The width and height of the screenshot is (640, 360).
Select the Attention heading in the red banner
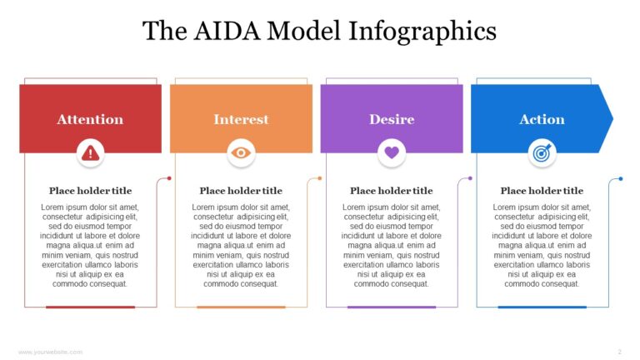(90, 119)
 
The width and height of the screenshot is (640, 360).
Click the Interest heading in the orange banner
(241, 119)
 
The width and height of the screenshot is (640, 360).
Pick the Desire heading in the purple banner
(392, 119)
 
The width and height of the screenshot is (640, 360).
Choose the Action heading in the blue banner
(542, 119)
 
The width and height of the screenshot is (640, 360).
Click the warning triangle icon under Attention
(90, 152)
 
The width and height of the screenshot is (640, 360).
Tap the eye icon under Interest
(241, 152)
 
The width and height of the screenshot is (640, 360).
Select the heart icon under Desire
(392, 152)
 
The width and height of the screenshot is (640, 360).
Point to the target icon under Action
(542, 152)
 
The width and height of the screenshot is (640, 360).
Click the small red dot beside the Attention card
(169, 178)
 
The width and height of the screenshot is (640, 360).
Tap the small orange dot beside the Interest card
(320, 178)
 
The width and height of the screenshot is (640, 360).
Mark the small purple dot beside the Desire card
(470, 178)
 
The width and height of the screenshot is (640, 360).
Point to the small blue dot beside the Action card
(621, 178)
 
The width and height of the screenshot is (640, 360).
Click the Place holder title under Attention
(90, 191)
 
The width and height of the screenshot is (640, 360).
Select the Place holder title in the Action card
(542, 191)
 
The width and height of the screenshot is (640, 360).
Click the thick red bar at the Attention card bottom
(90, 307)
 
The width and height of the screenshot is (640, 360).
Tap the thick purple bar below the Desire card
(392, 307)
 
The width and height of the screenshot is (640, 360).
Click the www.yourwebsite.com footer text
(50, 352)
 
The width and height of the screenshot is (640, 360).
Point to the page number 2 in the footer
(619, 352)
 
